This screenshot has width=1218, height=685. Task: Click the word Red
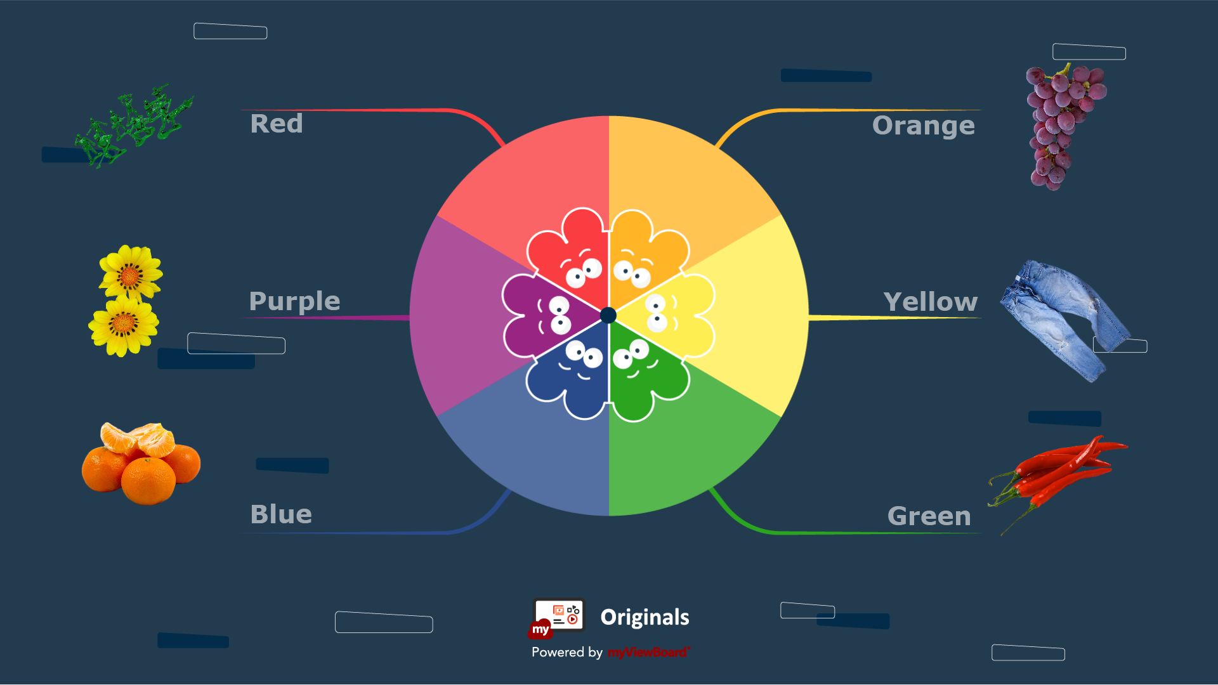[x=277, y=124]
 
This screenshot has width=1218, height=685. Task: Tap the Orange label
[x=924, y=126]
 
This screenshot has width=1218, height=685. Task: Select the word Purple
[x=294, y=301]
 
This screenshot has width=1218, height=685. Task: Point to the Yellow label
[x=931, y=302]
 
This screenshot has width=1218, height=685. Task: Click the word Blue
[x=281, y=514]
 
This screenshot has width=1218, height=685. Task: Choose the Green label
[x=929, y=516]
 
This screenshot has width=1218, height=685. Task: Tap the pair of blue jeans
[x=1066, y=321]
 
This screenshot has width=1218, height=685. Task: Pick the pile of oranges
[x=141, y=464]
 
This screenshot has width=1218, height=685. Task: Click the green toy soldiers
[x=133, y=126]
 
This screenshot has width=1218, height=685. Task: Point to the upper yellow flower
[x=131, y=272]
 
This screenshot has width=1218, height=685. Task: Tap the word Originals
[x=645, y=617]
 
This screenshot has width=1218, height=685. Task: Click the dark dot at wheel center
[x=608, y=315]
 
